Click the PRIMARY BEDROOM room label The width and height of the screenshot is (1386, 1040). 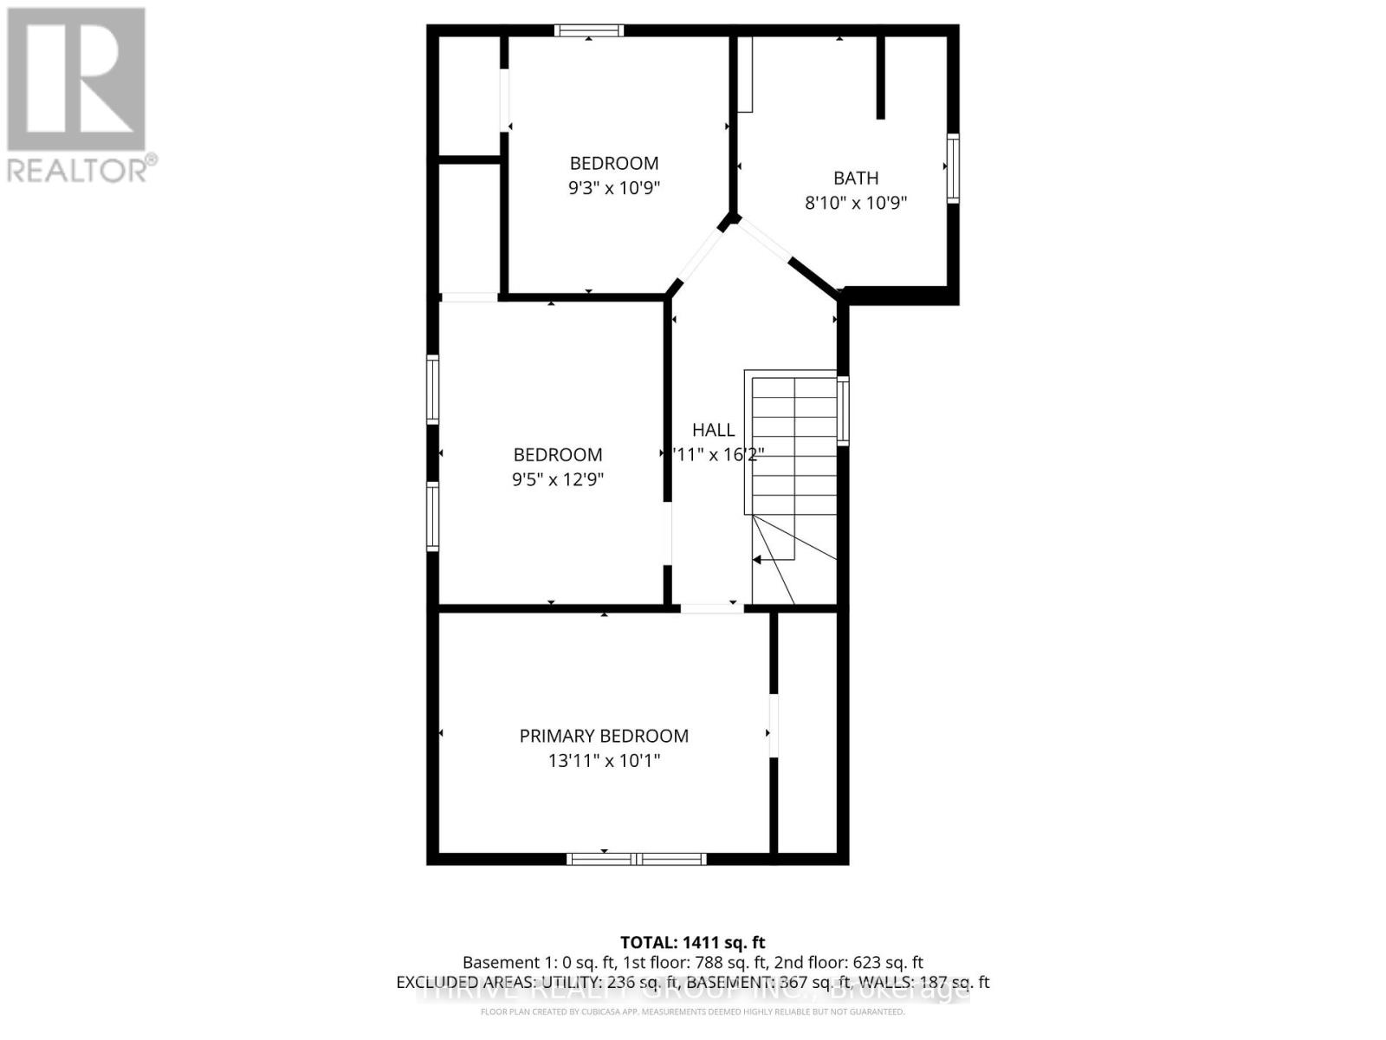click(604, 736)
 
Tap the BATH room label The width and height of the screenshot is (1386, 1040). click(856, 178)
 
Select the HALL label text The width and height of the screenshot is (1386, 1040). click(713, 430)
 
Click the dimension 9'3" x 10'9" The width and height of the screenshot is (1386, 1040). click(614, 188)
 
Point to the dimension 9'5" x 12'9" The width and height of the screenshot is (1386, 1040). click(557, 479)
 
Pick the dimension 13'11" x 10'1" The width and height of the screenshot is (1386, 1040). click(604, 761)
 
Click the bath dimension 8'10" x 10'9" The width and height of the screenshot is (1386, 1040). click(856, 203)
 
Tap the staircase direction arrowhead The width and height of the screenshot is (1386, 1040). click(757, 560)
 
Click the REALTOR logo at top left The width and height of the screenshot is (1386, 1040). click(77, 94)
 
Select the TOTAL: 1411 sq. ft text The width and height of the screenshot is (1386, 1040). click(692, 942)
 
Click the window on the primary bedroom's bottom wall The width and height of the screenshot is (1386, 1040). click(637, 859)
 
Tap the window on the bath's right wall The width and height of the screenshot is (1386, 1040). click(953, 168)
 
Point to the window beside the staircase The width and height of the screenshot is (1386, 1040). click(843, 411)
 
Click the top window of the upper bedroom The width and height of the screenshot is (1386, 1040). click(589, 31)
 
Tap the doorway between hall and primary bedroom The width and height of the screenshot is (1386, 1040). click(711, 608)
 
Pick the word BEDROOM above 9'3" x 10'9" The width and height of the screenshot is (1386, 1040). click(614, 163)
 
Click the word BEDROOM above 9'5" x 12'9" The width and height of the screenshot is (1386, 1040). click(557, 454)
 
